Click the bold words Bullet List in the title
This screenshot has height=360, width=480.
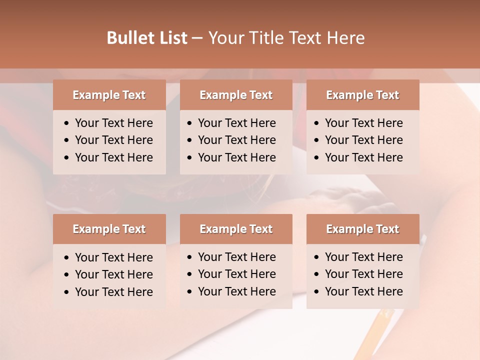[x=146, y=38]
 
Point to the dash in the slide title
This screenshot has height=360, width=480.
[x=197, y=38]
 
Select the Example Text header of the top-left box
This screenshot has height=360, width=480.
[x=109, y=95]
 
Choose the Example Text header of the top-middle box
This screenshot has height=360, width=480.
[x=236, y=95]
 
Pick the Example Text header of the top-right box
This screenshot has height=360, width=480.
[x=362, y=95]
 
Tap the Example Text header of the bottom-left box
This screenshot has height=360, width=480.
[x=109, y=229]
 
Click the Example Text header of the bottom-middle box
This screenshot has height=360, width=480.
[x=236, y=229]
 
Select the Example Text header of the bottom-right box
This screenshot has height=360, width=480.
[x=362, y=229]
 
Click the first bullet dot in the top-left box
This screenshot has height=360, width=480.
[x=66, y=123]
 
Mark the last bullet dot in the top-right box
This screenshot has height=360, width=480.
[x=316, y=158]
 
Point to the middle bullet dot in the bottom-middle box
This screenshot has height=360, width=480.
[x=189, y=274]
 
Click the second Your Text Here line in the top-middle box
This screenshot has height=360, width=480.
[x=236, y=140]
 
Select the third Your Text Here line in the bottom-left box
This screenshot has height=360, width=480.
[x=113, y=292]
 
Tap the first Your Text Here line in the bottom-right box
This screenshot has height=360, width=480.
[x=363, y=257]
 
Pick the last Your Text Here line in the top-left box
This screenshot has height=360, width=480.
[x=113, y=157]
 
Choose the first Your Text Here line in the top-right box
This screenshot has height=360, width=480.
[x=363, y=123]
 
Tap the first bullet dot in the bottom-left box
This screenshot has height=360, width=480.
[x=66, y=258]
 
